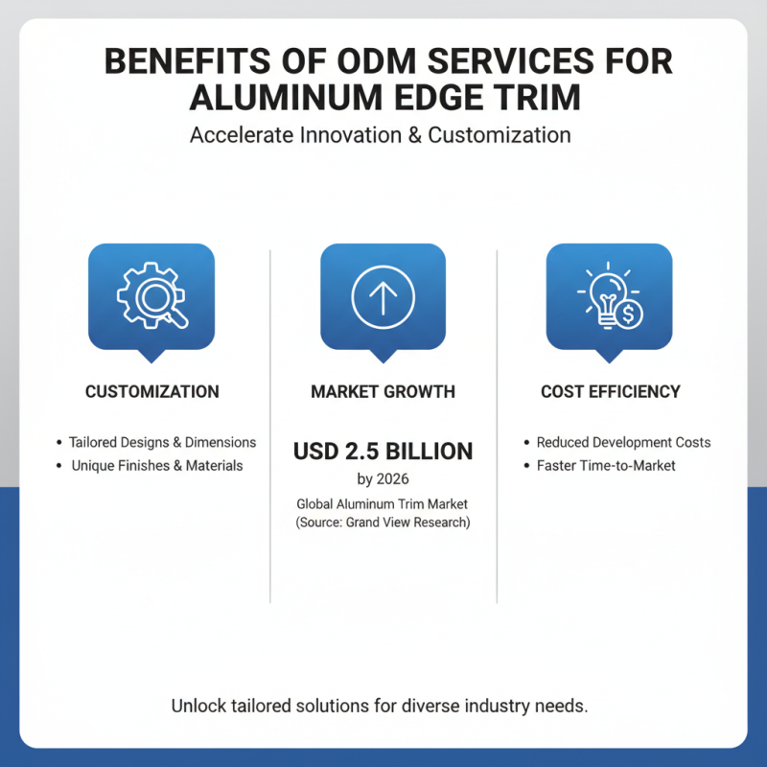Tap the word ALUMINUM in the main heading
click(x=286, y=98)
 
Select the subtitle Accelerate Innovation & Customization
click(x=380, y=135)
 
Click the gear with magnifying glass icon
click(x=152, y=295)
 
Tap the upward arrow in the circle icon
click(x=383, y=297)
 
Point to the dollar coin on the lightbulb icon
click(x=629, y=314)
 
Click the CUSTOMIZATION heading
click(x=152, y=391)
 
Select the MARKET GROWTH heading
click(x=383, y=391)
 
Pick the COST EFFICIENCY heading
click(x=611, y=391)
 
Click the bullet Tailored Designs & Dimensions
click(x=162, y=442)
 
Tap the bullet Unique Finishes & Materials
click(x=157, y=465)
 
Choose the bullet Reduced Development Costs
click(x=624, y=442)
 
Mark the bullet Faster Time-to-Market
click(x=606, y=465)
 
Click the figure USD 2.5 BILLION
click(x=383, y=451)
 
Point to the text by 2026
click(x=383, y=478)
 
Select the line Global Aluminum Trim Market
click(x=382, y=504)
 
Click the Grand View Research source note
click(x=383, y=523)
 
